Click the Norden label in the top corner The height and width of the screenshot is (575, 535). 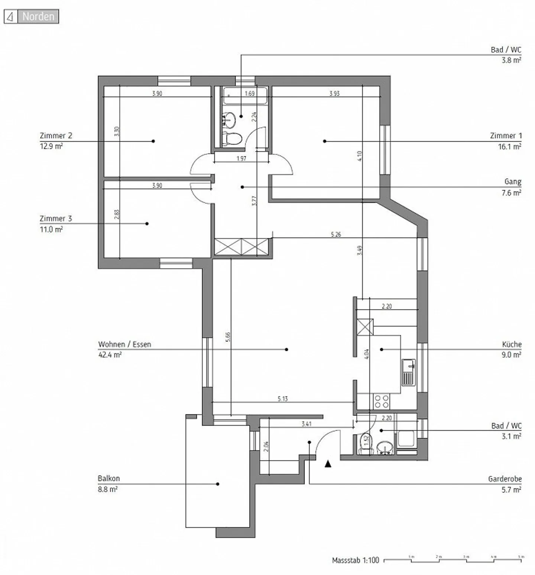(x=38, y=17)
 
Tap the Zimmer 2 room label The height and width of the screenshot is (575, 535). (x=56, y=136)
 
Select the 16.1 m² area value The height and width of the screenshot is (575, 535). (x=509, y=147)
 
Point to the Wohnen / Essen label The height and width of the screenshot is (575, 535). (x=124, y=344)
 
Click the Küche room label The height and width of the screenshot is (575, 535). (x=512, y=344)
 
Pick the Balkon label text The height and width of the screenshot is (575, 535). (x=108, y=479)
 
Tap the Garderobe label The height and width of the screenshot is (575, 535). (x=505, y=479)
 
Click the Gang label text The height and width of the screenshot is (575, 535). (x=513, y=182)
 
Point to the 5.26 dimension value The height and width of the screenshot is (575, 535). (x=336, y=235)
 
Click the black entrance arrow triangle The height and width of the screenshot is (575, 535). (x=328, y=464)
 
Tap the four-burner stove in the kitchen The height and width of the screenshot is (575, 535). (x=382, y=401)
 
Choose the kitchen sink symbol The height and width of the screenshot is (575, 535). (x=408, y=372)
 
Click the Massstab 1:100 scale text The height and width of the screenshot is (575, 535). (x=355, y=560)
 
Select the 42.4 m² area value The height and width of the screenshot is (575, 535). (x=110, y=355)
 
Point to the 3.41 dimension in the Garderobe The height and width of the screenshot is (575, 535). (x=307, y=424)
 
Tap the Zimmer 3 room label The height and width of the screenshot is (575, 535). (x=56, y=219)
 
